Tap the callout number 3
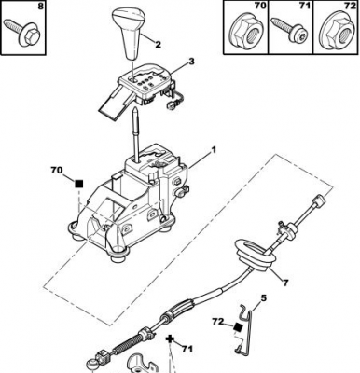tap(191, 62)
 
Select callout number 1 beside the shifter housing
tap(214, 150)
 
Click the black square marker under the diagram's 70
tap(79, 184)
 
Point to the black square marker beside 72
tap(238, 327)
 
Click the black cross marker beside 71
tap(170, 338)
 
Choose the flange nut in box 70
tap(245, 32)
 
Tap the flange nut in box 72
tap(338, 31)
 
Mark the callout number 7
tap(285, 283)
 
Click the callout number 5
tap(263, 299)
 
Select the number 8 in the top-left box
tap(40, 7)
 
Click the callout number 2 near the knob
tap(158, 45)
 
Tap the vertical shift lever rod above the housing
tap(135, 133)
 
